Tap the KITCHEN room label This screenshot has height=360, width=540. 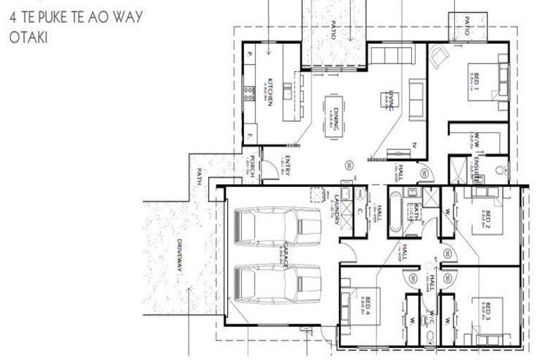[269, 92]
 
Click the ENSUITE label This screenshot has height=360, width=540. [475, 169]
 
